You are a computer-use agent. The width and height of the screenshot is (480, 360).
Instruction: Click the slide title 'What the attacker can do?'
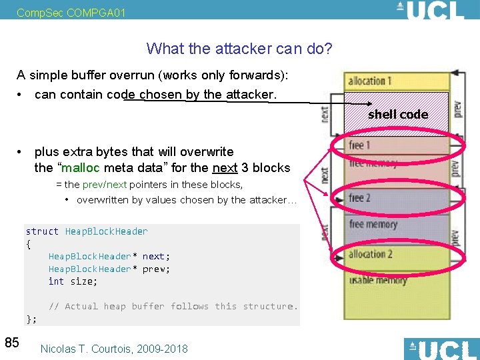click(x=239, y=49)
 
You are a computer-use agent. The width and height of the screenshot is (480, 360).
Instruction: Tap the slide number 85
click(x=12, y=343)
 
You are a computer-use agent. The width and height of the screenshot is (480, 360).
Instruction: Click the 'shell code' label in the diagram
click(x=398, y=115)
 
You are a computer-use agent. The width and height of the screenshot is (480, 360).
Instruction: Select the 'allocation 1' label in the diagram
click(x=369, y=81)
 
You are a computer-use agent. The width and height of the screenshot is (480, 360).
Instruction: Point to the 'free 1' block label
click(x=359, y=145)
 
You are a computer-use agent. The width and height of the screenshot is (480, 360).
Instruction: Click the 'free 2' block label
click(x=359, y=198)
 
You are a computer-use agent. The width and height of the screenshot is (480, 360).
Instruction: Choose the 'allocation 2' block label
click(x=370, y=254)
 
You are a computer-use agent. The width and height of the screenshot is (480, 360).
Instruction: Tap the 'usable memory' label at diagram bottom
click(x=379, y=280)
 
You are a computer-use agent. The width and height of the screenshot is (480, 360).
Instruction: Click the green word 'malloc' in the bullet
click(x=81, y=167)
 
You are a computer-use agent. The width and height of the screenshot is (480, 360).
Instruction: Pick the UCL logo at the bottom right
click(x=441, y=349)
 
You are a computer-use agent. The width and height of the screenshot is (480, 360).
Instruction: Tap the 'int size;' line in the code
click(x=73, y=281)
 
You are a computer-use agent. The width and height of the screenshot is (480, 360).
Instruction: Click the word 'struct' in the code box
click(x=42, y=231)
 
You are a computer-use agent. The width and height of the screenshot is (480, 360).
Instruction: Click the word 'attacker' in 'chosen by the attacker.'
click(x=247, y=95)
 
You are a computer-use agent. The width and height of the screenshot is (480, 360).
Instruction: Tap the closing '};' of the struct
click(x=31, y=319)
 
